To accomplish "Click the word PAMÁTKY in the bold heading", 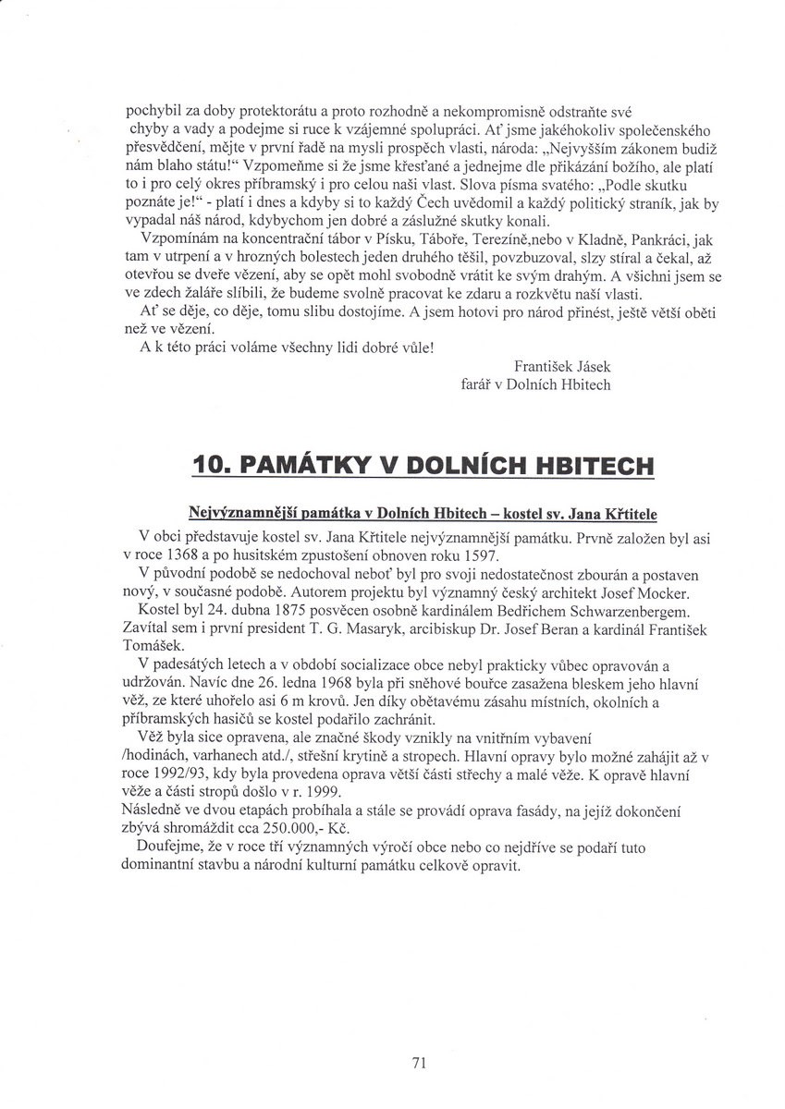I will (306, 465).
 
